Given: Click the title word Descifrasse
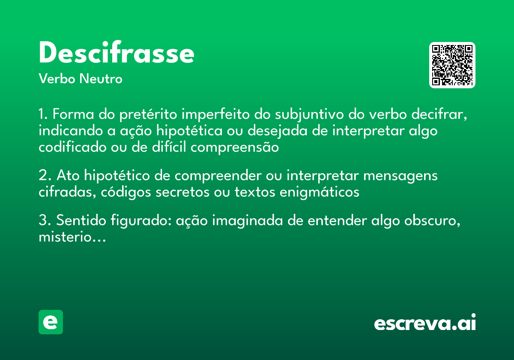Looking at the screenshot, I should (117, 54).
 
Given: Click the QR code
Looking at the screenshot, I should (452, 65).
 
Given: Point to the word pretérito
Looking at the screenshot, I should (148, 115).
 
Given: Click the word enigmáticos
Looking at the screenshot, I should (319, 192).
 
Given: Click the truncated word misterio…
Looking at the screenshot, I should (72, 237).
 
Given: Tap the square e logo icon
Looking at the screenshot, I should (51, 322).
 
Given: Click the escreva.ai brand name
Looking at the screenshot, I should (425, 323).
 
